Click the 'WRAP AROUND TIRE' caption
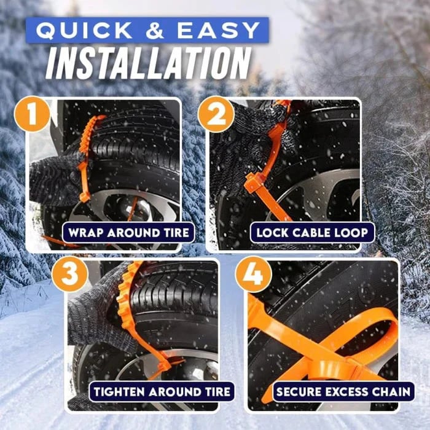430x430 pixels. click(128, 233)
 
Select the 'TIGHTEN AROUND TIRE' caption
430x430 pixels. click(162, 391)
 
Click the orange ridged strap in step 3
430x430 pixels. click(126, 301)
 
